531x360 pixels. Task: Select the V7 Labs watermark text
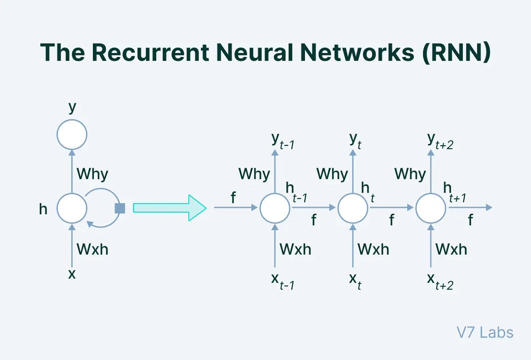pyautogui.click(x=485, y=332)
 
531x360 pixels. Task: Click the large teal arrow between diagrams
pyautogui.click(x=169, y=207)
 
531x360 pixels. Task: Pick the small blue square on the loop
pyautogui.click(x=119, y=208)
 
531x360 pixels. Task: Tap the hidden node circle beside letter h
pyautogui.click(x=72, y=208)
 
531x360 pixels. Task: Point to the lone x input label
pyautogui.click(x=72, y=274)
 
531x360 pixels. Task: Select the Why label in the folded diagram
pyautogui.click(x=92, y=174)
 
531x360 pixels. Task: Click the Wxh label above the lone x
pyautogui.click(x=92, y=249)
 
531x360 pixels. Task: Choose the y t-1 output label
pyautogui.click(x=282, y=141)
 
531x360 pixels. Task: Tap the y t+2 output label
pyautogui.click(x=440, y=141)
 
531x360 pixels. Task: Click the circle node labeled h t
pyautogui.click(x=353, y=208)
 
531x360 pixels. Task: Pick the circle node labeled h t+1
pyautogui.click(x=431, y=208)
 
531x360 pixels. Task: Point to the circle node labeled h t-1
pyautogui.click(x=274, y=208)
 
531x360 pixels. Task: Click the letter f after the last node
pyautogui.click(x=470, y=220)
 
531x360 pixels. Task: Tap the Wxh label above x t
pyautogui.click(x=373, y=249)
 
